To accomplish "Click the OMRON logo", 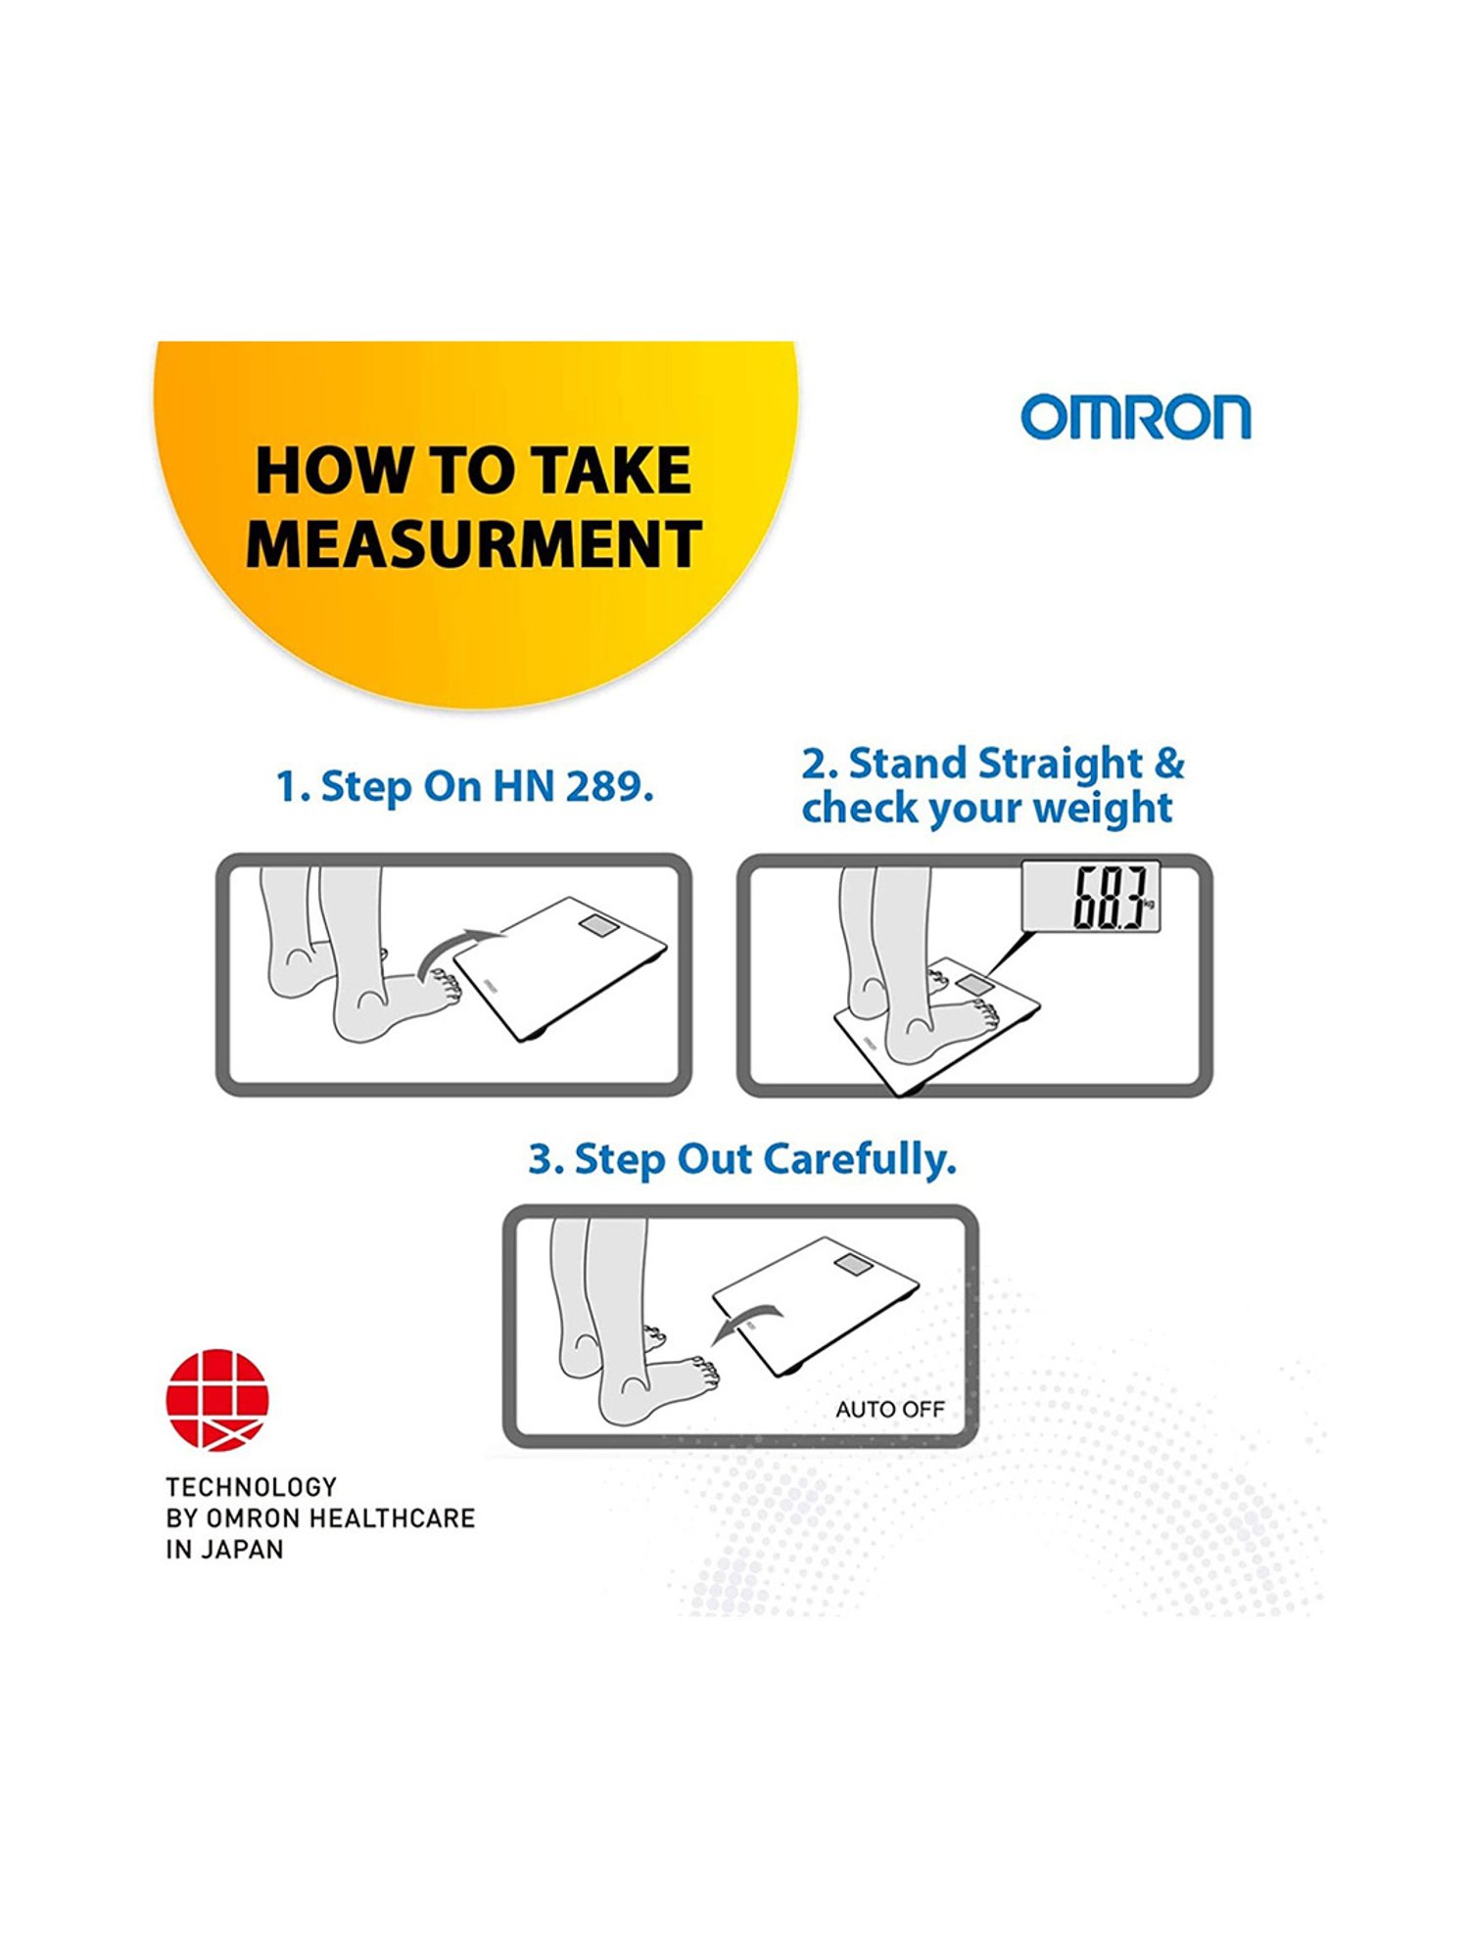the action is [x=1136, y=417].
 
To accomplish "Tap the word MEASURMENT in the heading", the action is [x=474, y=544].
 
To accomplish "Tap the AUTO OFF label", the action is [x=889, y=1410].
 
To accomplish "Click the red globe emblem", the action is [x=217, y=1400].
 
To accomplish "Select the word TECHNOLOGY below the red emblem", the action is [x=251, y=1487].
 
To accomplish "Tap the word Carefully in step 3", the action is [x=859, y=1160].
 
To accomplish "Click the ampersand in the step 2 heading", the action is [x=1169, y=764].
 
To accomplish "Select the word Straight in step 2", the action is [x=1061, y=765].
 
